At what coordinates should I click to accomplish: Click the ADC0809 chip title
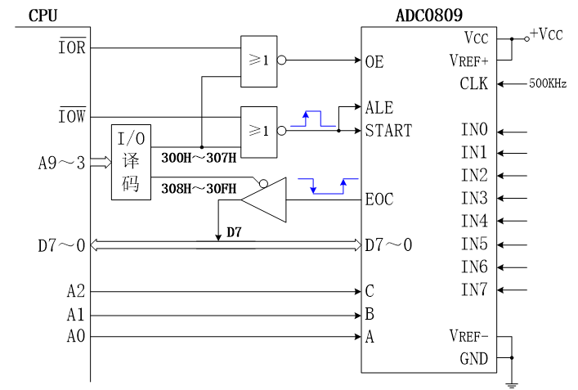[429, 15]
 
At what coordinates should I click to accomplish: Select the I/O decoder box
[131, 162]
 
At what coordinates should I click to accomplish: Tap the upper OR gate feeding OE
[258, 61]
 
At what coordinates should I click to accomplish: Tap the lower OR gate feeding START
[258, 131]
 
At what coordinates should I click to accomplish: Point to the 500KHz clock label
[548, 83]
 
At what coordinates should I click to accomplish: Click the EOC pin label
[380, 199]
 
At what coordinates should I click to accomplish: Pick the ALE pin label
[379, 108]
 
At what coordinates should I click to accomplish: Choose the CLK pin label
[474, 83]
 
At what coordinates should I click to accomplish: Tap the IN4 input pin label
[474, 221]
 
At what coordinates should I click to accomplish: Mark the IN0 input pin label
[474, 130]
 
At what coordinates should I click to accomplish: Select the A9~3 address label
[61, 163]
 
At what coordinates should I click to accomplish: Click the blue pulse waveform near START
[319, 119]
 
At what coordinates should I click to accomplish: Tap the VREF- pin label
[468, 336]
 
